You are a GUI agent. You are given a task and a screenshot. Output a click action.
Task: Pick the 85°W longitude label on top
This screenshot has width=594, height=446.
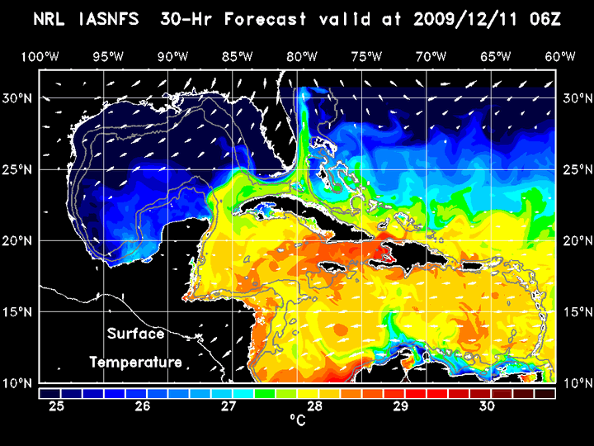click(238, 56)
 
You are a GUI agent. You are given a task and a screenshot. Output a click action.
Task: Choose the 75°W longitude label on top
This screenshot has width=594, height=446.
click(365, 56)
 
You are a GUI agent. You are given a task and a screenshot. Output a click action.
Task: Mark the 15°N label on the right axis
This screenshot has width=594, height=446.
click(577, 312)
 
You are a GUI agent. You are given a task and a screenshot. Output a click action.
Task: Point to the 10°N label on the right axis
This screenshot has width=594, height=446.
click(577, 383)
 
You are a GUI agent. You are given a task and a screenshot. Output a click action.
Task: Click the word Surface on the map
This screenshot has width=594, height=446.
click(135, 334)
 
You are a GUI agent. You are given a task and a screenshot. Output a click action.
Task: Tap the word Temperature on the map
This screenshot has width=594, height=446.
click(135, 362)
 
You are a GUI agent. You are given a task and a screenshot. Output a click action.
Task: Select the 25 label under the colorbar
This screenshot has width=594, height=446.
click(57, 406)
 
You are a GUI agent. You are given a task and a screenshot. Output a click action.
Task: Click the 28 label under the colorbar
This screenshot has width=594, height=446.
click(314, 406)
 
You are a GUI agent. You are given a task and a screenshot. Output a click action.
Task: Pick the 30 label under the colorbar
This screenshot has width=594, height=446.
click(486, 406)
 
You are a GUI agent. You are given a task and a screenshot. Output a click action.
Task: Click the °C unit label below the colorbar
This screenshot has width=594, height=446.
click(297, 421)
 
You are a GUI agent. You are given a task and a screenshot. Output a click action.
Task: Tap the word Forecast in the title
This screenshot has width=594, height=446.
click(281, 19)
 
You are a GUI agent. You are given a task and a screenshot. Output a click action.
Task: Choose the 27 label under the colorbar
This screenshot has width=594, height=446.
click(229, 406)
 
